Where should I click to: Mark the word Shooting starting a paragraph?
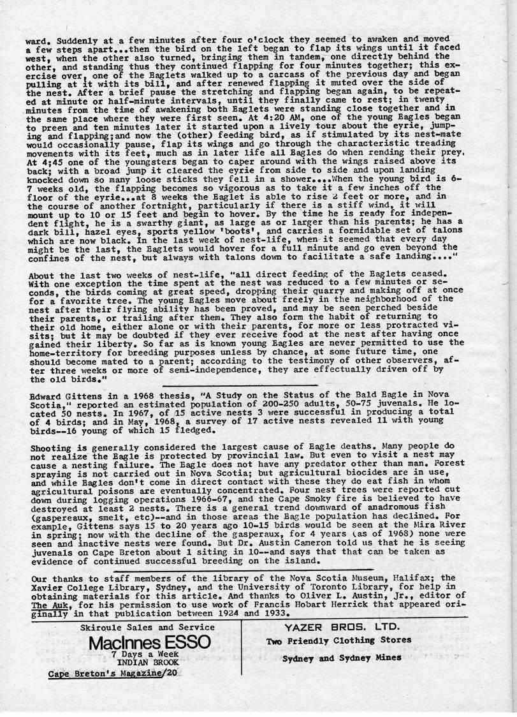point(53,448)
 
